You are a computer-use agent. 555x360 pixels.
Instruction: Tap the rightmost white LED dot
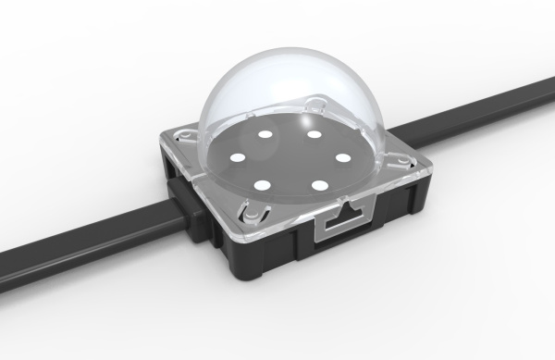[x=343, y=157]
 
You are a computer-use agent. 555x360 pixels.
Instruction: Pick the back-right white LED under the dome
[x=315, y=136]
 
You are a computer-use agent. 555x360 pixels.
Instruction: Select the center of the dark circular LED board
[x=289, y=159]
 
